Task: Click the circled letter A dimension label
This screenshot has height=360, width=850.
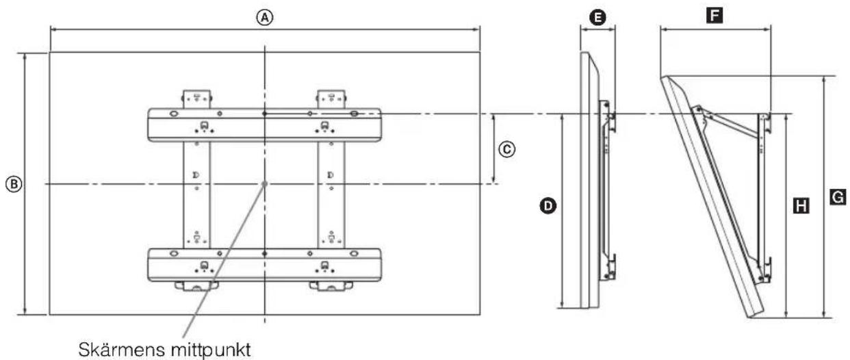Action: coord(264,17)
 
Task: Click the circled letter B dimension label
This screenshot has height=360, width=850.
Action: coord(14,184)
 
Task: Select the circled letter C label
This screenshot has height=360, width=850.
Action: coord(507,149)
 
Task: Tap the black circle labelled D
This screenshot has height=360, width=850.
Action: coord(548,206)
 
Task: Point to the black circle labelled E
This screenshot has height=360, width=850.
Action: coord(597,17)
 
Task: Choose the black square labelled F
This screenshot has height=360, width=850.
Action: coord(714,16)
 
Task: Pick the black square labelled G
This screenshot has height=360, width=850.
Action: coord(838,197)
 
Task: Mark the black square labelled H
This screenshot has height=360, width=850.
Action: coord(801,206)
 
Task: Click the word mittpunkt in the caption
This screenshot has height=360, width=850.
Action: coord(211,350)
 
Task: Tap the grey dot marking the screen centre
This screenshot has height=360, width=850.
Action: coord(264,184)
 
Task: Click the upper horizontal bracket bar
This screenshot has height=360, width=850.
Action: coord(264,125)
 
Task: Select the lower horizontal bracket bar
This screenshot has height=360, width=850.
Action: coord(264,265)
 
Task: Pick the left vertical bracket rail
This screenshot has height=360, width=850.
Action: coord(196,194)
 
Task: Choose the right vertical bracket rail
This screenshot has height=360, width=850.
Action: coord(331,194)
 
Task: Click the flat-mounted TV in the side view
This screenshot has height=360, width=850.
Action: coord(589,180)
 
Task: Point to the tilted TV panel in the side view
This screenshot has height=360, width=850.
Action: coord(712,197)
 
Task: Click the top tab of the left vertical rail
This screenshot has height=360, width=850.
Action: coord(196,99)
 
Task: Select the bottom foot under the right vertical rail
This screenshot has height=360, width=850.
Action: coord(331,286)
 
